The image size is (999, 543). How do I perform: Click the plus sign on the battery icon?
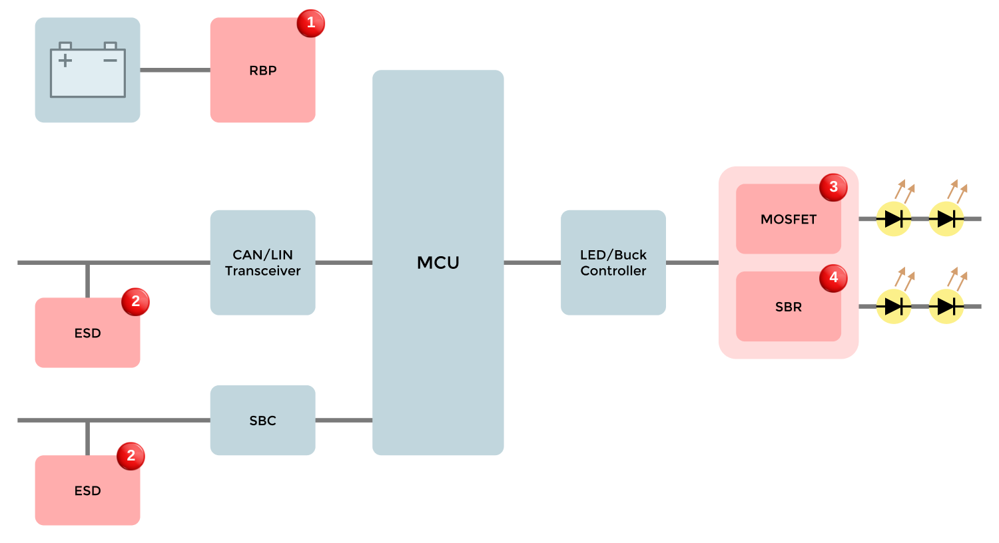point(65,61)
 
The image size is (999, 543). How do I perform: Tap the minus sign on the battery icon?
point(110,61)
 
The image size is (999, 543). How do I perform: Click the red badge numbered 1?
point(310,23)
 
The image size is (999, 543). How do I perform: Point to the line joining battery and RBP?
point(175,70)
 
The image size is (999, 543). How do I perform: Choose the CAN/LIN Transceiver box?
point(262,262)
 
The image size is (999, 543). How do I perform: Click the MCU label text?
point(438,263)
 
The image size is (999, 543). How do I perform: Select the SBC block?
point(262,421)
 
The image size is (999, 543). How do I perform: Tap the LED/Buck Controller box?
point(613,262)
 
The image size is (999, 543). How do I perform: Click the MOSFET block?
point(788,220)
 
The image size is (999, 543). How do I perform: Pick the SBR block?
point(788,307)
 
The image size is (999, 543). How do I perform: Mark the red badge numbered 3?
point(833,187)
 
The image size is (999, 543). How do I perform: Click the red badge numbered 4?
point(833,278)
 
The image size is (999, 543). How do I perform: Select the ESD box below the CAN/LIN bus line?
point(87,333)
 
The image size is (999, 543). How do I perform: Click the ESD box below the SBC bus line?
point(87,490)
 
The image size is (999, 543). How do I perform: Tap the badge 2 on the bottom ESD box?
point(131,456)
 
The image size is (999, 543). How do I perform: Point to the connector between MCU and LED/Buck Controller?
point(532,262)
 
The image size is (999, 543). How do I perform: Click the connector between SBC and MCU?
point(344,421)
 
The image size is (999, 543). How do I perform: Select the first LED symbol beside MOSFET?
point(893,218)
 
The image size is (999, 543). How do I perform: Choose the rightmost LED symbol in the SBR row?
point(946,306)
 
